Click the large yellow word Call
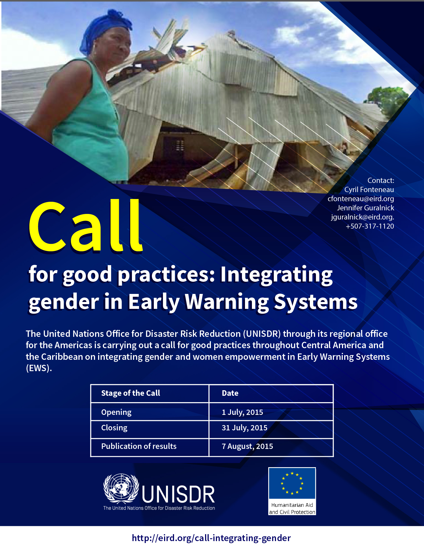(x=85, y=226)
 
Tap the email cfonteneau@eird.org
(x=361, y=199)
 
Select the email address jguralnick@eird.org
(x=362, y=217)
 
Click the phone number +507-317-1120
(x=370, y=226)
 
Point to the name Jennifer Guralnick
(x=365, y=208)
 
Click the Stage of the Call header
(x=131, y=393)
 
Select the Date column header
(x=230, y=393)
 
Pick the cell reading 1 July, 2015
(x=242, y=412)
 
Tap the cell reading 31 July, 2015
(x=244, y=428)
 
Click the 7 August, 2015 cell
(x=247, y=446)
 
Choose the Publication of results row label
(x=139, y=446)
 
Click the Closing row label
(x=114, y=428)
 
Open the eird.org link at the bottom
(x=211, y=538)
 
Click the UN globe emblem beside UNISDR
(x=121, y=488)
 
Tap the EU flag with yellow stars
(x=292, y=484)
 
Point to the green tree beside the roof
(x=388, y=100)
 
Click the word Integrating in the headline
(x=276, y=275)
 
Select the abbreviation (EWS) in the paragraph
(x=39, y=368)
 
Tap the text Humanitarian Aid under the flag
(x=292, y=505)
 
